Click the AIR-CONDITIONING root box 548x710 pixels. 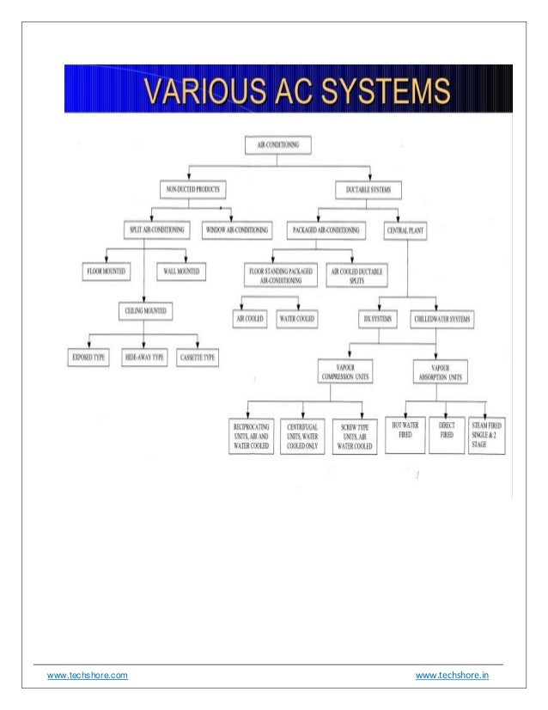pyautogui.click(x=275, y=145)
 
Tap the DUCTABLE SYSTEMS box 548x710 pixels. pyautogui.click(x=368, y=188)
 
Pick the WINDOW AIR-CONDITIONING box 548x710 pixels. pyautogui.click(x=236, y=230)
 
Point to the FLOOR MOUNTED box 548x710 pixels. pyautogui.click(x=106, y=272)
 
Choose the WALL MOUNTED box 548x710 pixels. pyautogui.click(x=181, y=272)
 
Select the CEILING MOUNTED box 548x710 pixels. pyautogui.click(x=143, y=309)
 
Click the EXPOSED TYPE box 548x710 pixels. pyautogui.click(x=88, y=356)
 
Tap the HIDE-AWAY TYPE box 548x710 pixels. pyautogui.click(x=143, y=356)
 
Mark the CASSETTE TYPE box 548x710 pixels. pyautogui.click(x=198, y=356)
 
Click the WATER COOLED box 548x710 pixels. pyautogui.click(x=297, y=319)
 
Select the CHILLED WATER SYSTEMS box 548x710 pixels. pyautogui.click(x=442, y=319)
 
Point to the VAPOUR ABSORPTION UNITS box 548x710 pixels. pyautogui.click(x=441, y=371)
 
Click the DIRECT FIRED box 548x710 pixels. pyautogui.click(x=446, y=431)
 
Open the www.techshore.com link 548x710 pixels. pyautogui.click(x=87, y=676)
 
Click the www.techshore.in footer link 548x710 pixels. pyautogui.click(x=453, y=676)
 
